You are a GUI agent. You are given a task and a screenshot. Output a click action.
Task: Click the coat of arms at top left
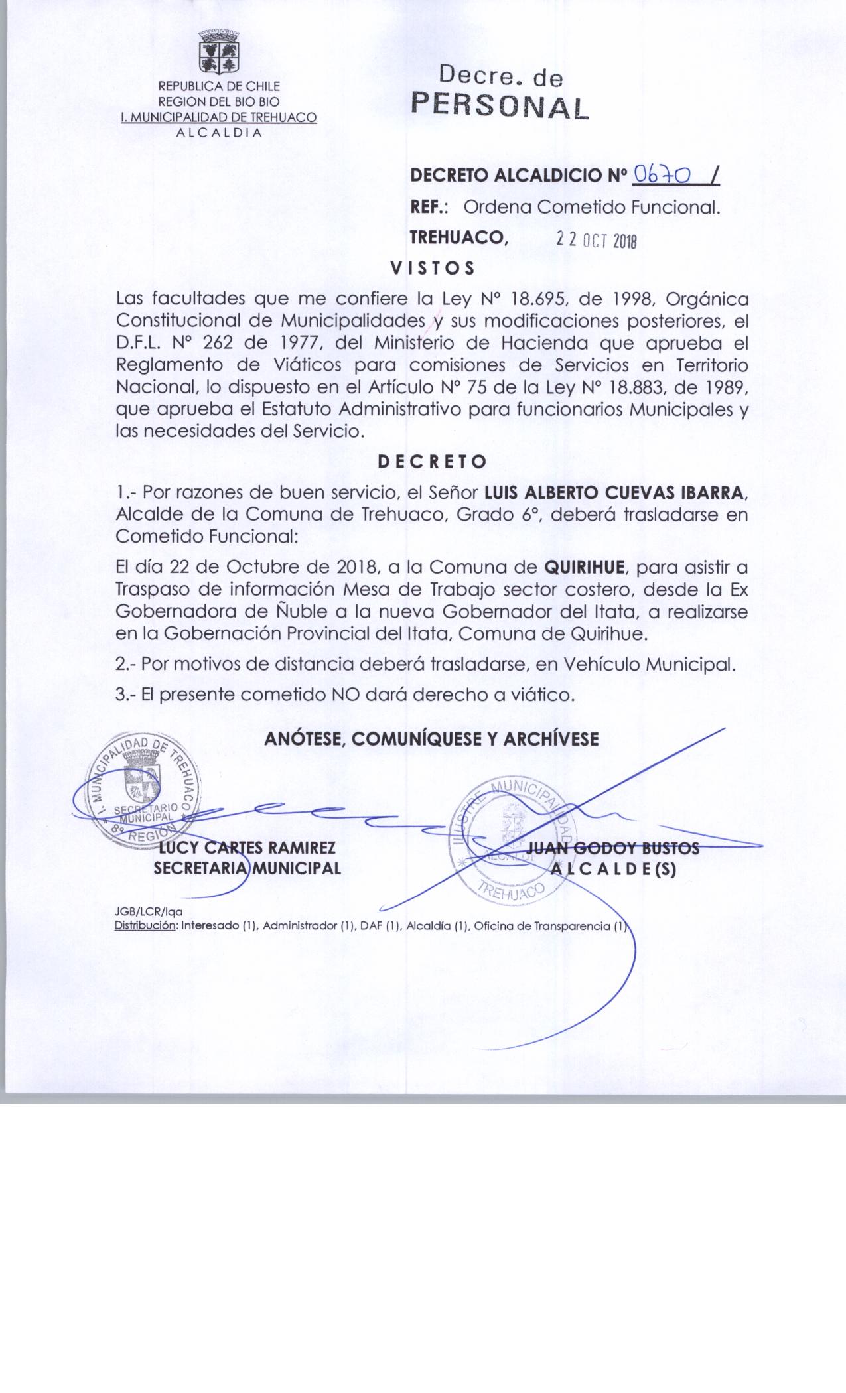click(218, 54)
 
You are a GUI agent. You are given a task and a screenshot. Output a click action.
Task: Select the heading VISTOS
click(432, 268)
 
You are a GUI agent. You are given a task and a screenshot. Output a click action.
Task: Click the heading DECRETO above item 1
click(432, 461)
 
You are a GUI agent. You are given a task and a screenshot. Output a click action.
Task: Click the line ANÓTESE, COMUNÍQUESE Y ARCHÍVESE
click(432, 739)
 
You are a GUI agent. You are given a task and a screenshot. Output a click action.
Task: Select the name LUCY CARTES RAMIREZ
click(246, 848)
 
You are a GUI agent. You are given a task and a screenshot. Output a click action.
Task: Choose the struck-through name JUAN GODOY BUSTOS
click(612, 848)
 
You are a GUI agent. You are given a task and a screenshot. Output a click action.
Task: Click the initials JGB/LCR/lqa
click(149, 913)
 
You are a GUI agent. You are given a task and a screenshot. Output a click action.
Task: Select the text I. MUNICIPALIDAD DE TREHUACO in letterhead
click(218, 117)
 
